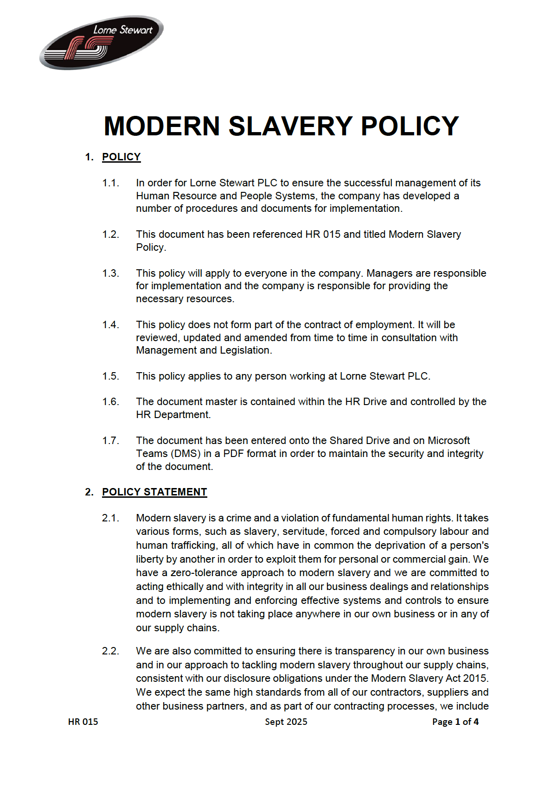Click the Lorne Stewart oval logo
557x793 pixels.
[x=101, y=43]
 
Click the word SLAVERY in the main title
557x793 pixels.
[x=291, y=126]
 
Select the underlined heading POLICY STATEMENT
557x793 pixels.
[x=154, y=492]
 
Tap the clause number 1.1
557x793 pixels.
[x=110, y=183]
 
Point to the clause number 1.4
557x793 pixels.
[x=110, y=325]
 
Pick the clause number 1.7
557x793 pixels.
[x=110, y=441]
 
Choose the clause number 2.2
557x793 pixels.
[x=110, y=651]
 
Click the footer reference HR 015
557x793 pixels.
[x=83, y=722]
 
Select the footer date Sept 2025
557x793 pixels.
[x=286, y=722]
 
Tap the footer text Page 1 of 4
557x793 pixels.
[x=455, y=722]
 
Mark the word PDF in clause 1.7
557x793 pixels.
[x=233, y=454]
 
